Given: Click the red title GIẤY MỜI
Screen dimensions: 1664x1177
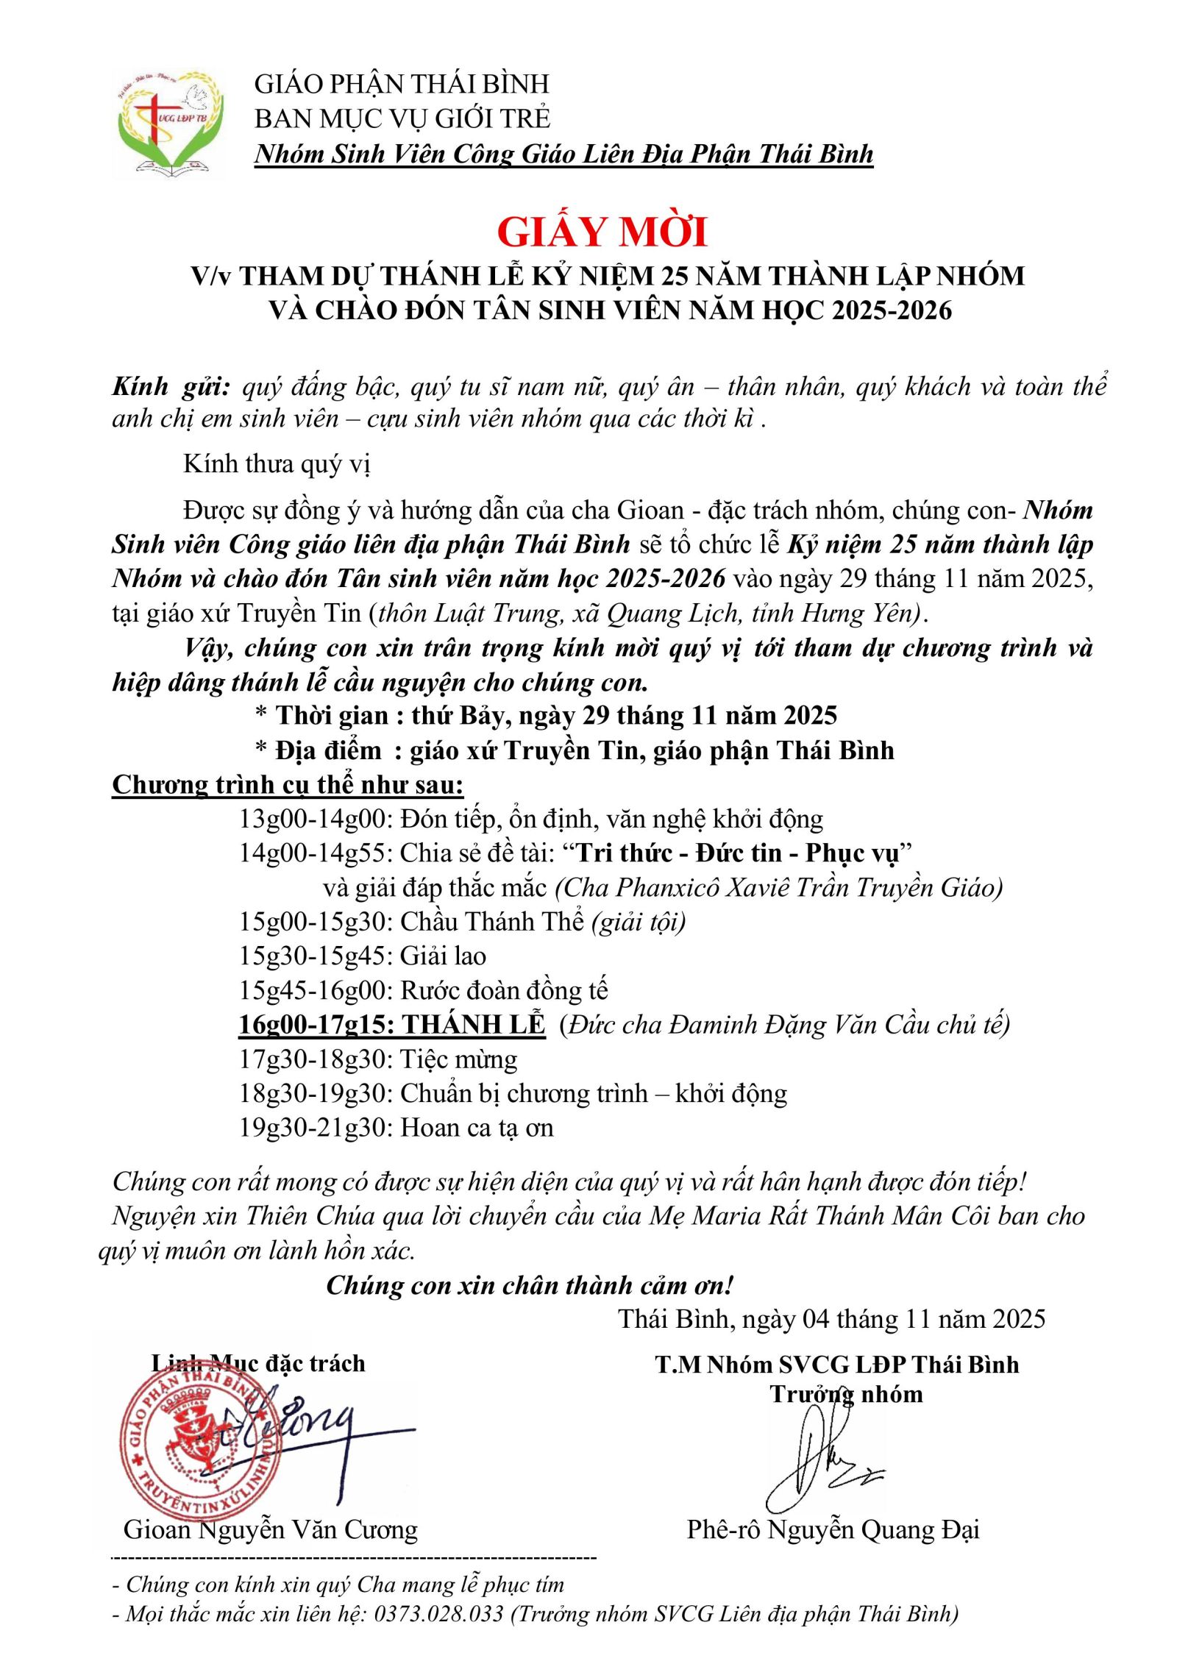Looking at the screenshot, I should click(602, 232).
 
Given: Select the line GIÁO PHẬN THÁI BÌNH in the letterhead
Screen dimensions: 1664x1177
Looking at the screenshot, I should click(402, 84).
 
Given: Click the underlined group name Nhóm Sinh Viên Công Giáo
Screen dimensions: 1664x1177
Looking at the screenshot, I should click(563, 154).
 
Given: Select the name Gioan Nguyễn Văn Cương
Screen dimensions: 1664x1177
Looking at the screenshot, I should click(270, 1529).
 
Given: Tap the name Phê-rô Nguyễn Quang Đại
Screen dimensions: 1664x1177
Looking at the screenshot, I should click(833, 1529).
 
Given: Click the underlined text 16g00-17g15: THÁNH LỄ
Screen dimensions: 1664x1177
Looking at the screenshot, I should click(391, 1025).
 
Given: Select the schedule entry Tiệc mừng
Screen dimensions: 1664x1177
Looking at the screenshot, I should click(458, 1059).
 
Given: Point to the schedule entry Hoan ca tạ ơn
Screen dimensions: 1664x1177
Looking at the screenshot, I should click(476, 1128).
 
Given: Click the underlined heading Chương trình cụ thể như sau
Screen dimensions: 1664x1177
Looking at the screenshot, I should click(288, 785).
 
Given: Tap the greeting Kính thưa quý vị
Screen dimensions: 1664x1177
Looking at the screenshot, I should click(277, 464).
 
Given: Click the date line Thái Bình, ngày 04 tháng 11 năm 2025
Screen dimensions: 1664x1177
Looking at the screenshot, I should click(831, 1319).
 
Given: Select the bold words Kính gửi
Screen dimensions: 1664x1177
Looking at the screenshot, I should click(171, 387).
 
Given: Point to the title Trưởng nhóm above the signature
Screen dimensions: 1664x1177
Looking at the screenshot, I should click(846, 1394).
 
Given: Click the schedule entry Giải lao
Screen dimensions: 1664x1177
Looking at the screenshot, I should click(443, 956).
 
